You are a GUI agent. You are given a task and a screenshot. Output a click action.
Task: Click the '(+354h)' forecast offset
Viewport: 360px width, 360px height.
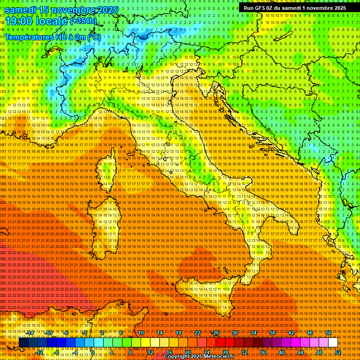83,21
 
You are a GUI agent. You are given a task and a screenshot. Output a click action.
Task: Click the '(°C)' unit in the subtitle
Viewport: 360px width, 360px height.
93,37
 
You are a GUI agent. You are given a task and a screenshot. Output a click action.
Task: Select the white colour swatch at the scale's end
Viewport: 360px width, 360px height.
333,343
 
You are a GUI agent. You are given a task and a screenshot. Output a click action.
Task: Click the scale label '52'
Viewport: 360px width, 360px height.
338,352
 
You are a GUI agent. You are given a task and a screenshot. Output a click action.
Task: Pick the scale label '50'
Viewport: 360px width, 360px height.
328,333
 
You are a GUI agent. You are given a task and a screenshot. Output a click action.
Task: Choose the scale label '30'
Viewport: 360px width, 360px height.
235,333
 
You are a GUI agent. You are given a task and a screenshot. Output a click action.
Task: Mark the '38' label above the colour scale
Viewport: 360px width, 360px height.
272,333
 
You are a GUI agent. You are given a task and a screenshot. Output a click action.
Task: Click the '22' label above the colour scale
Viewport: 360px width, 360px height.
197,333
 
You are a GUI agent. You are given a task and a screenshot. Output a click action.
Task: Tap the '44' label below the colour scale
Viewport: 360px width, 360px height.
300,352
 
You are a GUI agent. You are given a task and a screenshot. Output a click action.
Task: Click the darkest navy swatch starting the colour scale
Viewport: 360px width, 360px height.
23,343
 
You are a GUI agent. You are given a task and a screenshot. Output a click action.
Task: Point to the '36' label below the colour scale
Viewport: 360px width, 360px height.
263,352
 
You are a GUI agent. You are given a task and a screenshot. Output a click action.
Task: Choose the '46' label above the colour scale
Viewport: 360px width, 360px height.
310,333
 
